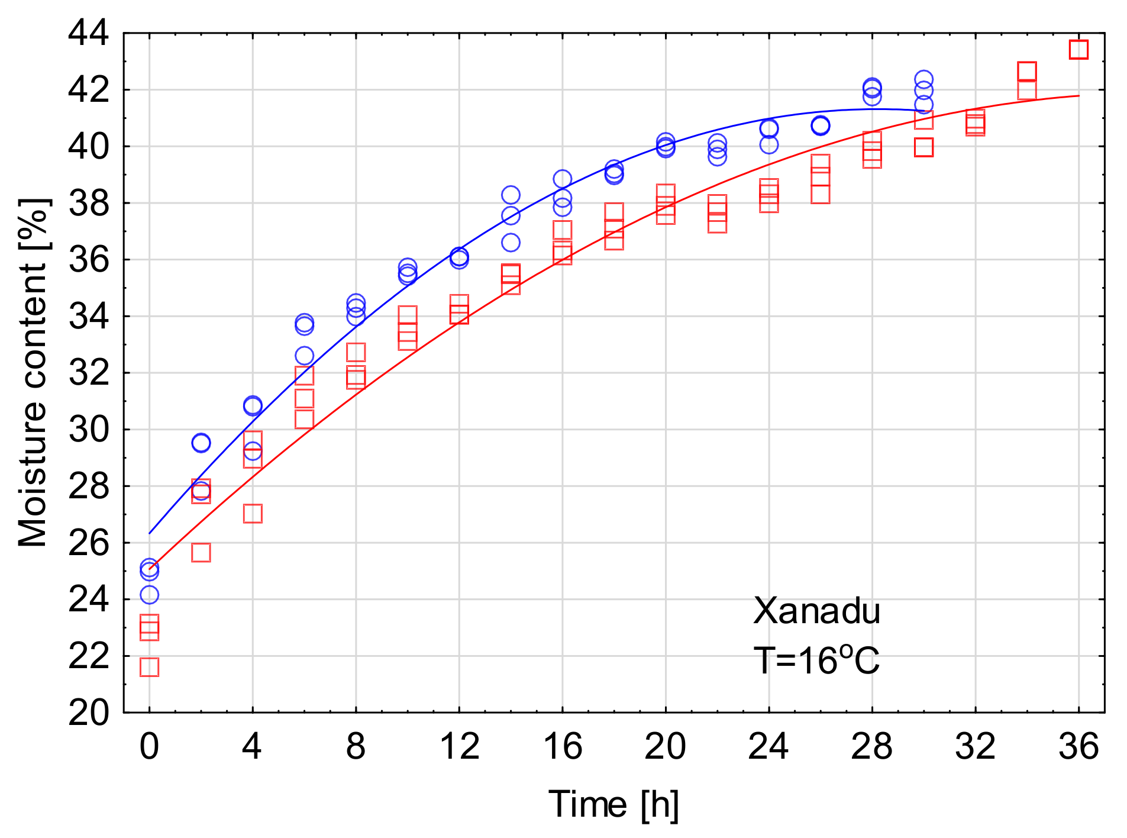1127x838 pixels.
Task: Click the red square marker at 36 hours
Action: click(1078, 49)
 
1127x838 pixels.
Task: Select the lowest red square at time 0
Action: click(149, 667)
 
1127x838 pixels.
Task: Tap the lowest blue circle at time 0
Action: click(149, 594)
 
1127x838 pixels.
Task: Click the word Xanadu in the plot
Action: click(816, 611)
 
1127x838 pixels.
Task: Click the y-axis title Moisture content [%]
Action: click(33, 373)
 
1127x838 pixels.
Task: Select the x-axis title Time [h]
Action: click(613, 804)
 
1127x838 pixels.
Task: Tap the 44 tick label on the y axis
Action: click(89, 33)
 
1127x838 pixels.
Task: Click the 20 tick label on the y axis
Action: click(89, 713)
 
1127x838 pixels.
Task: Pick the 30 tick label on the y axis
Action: click(89, 430)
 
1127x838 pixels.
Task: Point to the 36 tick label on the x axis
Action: click(1078, 746)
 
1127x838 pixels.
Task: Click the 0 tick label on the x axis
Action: click(149, 746)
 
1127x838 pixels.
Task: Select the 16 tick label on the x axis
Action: click(562, 746)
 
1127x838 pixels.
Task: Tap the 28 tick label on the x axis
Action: click(871, 746)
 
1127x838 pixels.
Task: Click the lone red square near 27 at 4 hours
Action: click(253, 513)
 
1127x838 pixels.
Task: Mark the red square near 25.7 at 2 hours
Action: click(201, 552)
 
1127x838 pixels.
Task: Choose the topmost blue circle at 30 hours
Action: click(923, 79)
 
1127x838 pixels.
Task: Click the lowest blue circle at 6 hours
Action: click(304, 356)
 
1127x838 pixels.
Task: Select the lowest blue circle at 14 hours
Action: click(511, 242)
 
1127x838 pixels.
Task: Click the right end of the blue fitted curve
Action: click(923, 111)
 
